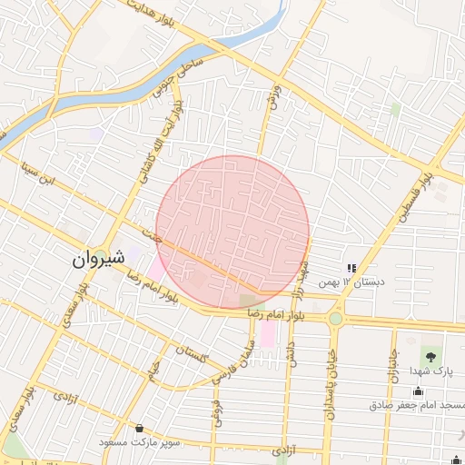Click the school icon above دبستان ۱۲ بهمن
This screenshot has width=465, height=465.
click(x=351, y=269)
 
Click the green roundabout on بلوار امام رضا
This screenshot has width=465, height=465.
click(x=336, y=318)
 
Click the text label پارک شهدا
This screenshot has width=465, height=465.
click(x=430, y=371)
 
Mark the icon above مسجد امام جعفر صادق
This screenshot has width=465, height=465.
click(x=417, y=391)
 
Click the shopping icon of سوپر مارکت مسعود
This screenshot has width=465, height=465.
click(x=139, y=428)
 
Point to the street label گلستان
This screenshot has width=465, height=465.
click(x=193, y=354)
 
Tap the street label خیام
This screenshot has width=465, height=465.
click(x=155, y=367)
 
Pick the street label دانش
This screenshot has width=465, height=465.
click(x=290, y=353)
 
